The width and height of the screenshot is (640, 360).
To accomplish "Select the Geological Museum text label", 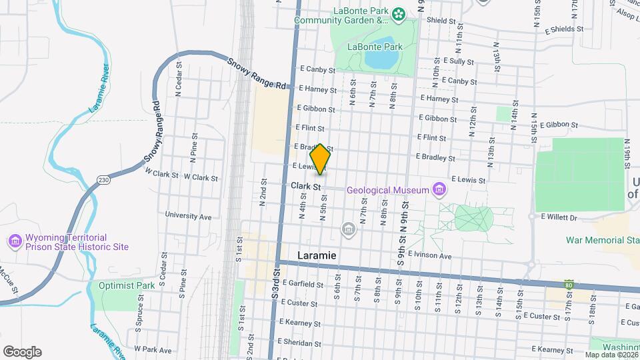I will point(387,191).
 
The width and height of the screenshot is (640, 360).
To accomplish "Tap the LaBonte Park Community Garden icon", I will point(398,13).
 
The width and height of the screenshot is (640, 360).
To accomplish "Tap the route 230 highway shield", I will point(103,180).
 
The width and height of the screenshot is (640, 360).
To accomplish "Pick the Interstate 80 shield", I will point(569,285).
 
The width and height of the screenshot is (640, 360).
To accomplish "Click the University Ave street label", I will point(189,217).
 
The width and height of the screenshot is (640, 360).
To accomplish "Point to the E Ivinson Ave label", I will point(432,256).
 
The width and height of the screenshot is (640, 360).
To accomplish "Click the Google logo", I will point(22,352).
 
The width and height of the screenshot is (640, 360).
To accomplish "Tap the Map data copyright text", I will point(611,355).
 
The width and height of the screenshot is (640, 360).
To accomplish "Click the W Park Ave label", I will point(153,349).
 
